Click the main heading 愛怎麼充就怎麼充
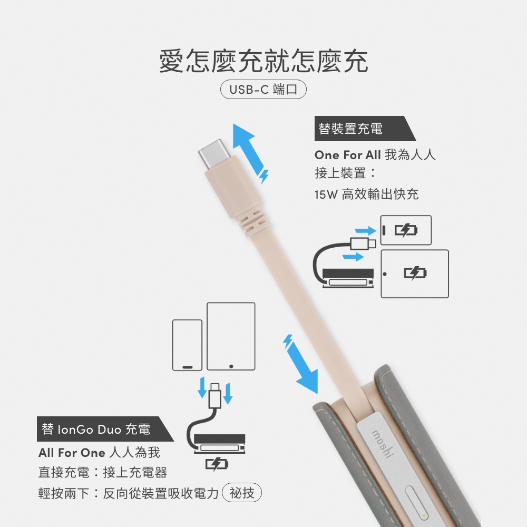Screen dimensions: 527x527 pos(263,61)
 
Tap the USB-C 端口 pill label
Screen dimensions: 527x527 pos(263,90)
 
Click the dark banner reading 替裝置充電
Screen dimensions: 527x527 pos(365,129)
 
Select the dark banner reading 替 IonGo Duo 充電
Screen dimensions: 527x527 pos(105,429)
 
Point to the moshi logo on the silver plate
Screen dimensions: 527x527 pos(382,444)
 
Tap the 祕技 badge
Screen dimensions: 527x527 pos(242,493)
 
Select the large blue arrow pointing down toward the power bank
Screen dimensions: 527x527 pos(301,364)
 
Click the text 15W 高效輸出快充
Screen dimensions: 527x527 pos(367,194)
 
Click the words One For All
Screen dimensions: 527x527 pos(347,155)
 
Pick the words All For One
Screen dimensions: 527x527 pos(72,453)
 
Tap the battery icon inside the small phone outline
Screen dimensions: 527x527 pos(406,230)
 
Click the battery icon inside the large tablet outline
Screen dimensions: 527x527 pos(415,273)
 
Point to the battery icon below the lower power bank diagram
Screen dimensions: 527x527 pos(217,464)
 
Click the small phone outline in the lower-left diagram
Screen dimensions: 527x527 pos(187,345)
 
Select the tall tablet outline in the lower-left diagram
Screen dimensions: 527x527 pos(231,336)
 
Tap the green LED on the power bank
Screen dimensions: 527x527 pos(424,516)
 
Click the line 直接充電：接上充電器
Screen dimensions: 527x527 pos(103,472)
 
